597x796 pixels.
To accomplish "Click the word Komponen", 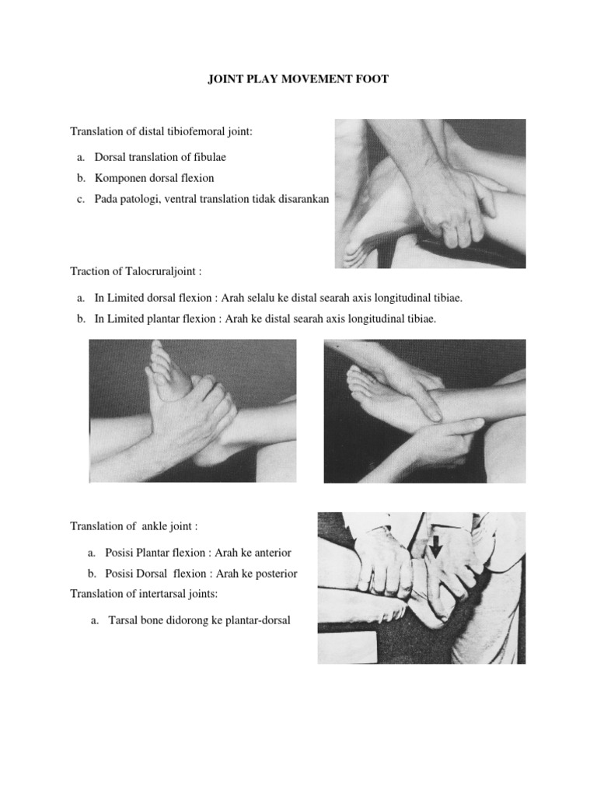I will [120, 178].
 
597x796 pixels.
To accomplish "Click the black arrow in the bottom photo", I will [436, 549].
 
